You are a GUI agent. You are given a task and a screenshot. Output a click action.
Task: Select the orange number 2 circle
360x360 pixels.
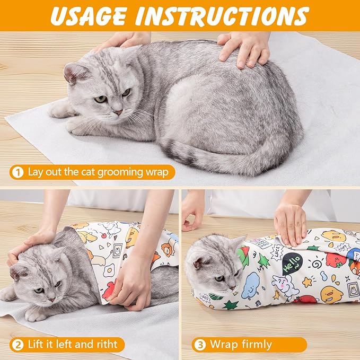coord(17,345)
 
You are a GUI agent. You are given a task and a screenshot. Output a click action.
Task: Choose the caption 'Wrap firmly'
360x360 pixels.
coord(241,345)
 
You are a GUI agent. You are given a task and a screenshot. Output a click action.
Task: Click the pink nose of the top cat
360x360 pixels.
coord(118,112)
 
